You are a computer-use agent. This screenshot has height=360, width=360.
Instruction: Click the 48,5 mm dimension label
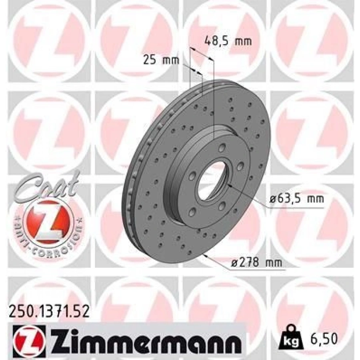coord(228,41)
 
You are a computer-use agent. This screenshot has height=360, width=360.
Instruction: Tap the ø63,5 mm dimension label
coord(296,198)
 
